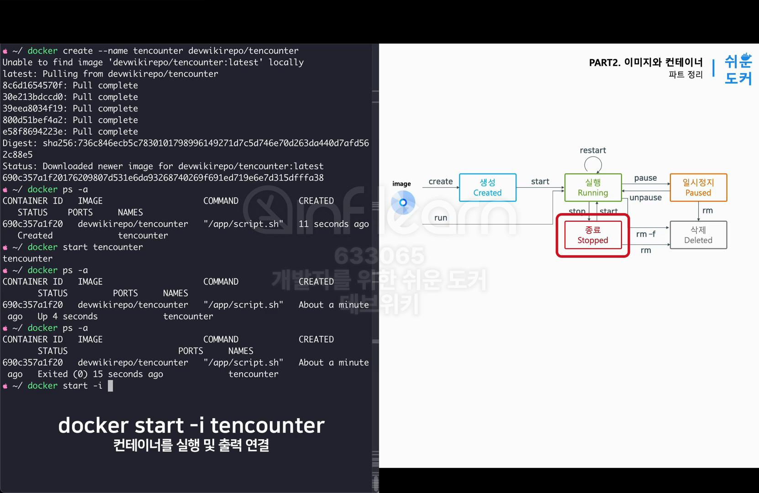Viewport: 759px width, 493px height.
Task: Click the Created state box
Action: click(x=487, y=188)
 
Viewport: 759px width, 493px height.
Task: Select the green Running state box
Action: click(x=593, y=188)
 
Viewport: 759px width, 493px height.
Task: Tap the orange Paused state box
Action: click(x=698, y=188)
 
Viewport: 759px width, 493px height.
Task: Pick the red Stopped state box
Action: click(x=593, y=235)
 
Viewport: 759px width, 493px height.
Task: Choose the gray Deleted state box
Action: click(x=698, y=235)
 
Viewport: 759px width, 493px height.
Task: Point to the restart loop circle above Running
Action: click(x=593, y=164)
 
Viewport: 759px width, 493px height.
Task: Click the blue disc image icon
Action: click(x=403, y=202)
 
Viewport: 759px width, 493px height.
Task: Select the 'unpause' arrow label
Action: click(x=645, y=198)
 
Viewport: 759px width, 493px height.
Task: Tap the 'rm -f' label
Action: click(x=645, y=234)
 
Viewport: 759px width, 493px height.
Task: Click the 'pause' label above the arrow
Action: click(x=645, y=178)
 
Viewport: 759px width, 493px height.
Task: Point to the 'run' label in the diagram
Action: click(x=441, y=218)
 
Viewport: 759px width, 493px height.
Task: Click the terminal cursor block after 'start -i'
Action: click(x=110, y=386)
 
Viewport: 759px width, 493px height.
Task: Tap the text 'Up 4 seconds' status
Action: click(x=68, y=316)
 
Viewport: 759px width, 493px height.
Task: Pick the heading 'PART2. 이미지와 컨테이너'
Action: click(x=645, y=63)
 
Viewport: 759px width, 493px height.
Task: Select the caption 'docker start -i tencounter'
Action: click(x=191, y=425)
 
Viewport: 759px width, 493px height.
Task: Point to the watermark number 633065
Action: click(x=379, y=256)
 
